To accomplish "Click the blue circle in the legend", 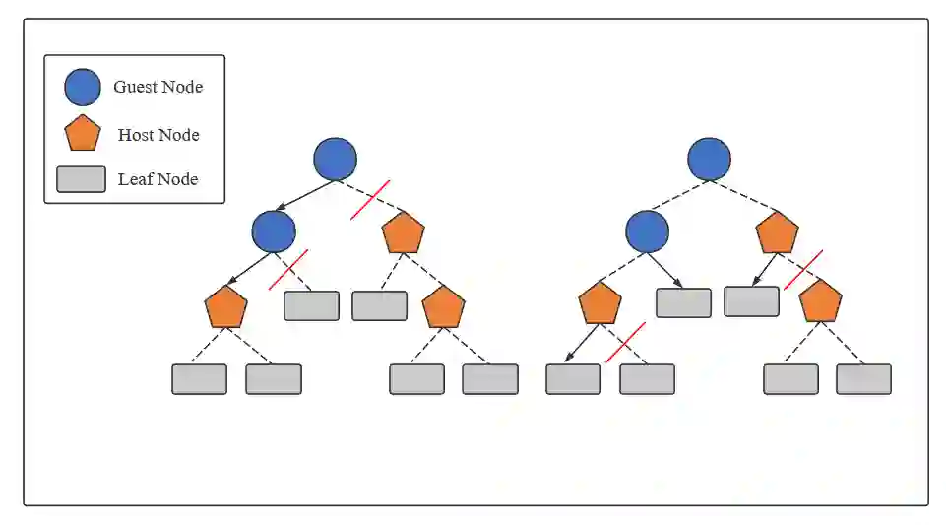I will coord(83,87).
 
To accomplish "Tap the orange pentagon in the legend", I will coord(83,134).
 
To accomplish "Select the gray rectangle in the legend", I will coord(81,179).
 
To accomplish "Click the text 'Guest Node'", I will coord(158,87).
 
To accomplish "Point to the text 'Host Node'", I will coord(158,135).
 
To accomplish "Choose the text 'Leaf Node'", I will coord(158,179).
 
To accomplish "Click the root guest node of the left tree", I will coord(335,159).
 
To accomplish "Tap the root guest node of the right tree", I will coord(709,159).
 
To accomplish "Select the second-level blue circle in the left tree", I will coord(274,231).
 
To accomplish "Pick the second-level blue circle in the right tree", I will coord(647,231).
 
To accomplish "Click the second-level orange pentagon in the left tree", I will coord(403,233).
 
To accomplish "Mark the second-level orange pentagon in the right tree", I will coord(777,233).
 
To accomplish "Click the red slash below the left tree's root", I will coord(370,200).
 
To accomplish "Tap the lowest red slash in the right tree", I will coord(625,342).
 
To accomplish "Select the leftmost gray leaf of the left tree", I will coord(199,379).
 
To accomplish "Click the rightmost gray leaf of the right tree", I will coord(863,379).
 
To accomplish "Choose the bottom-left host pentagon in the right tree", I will coord(599,304).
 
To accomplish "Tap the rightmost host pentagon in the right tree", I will coord(820,302).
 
